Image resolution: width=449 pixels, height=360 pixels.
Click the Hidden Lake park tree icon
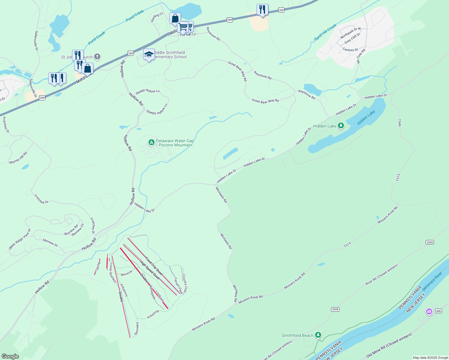click(341, 126)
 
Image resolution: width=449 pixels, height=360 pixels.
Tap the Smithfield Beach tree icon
click(318, 335)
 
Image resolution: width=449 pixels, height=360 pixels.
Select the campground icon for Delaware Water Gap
click(152, 142)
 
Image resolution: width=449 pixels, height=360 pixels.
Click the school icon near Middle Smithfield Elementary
click(149, 55)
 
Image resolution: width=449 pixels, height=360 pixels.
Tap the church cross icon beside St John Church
click(97, 56)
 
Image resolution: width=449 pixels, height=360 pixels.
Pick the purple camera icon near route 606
click(429, 312)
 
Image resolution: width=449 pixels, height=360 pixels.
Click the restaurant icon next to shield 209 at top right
click(262, 10)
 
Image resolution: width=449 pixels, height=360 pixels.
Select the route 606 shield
click(438, 311)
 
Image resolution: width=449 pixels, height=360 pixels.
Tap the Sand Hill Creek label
click(325, 32)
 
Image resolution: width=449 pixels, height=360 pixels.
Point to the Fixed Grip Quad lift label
click(154, 266)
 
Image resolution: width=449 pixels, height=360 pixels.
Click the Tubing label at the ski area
click(97, 268)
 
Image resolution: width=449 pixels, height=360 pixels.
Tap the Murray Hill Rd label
click(18, 157)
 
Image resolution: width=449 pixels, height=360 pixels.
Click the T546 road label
click(399, 123)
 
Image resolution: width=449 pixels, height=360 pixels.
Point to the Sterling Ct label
click(157, 17)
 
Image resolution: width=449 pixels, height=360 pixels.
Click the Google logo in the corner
click(10, 356)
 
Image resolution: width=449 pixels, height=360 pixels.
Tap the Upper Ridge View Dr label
click(20, 239)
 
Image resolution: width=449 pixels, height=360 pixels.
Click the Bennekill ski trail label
click(137, 329)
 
